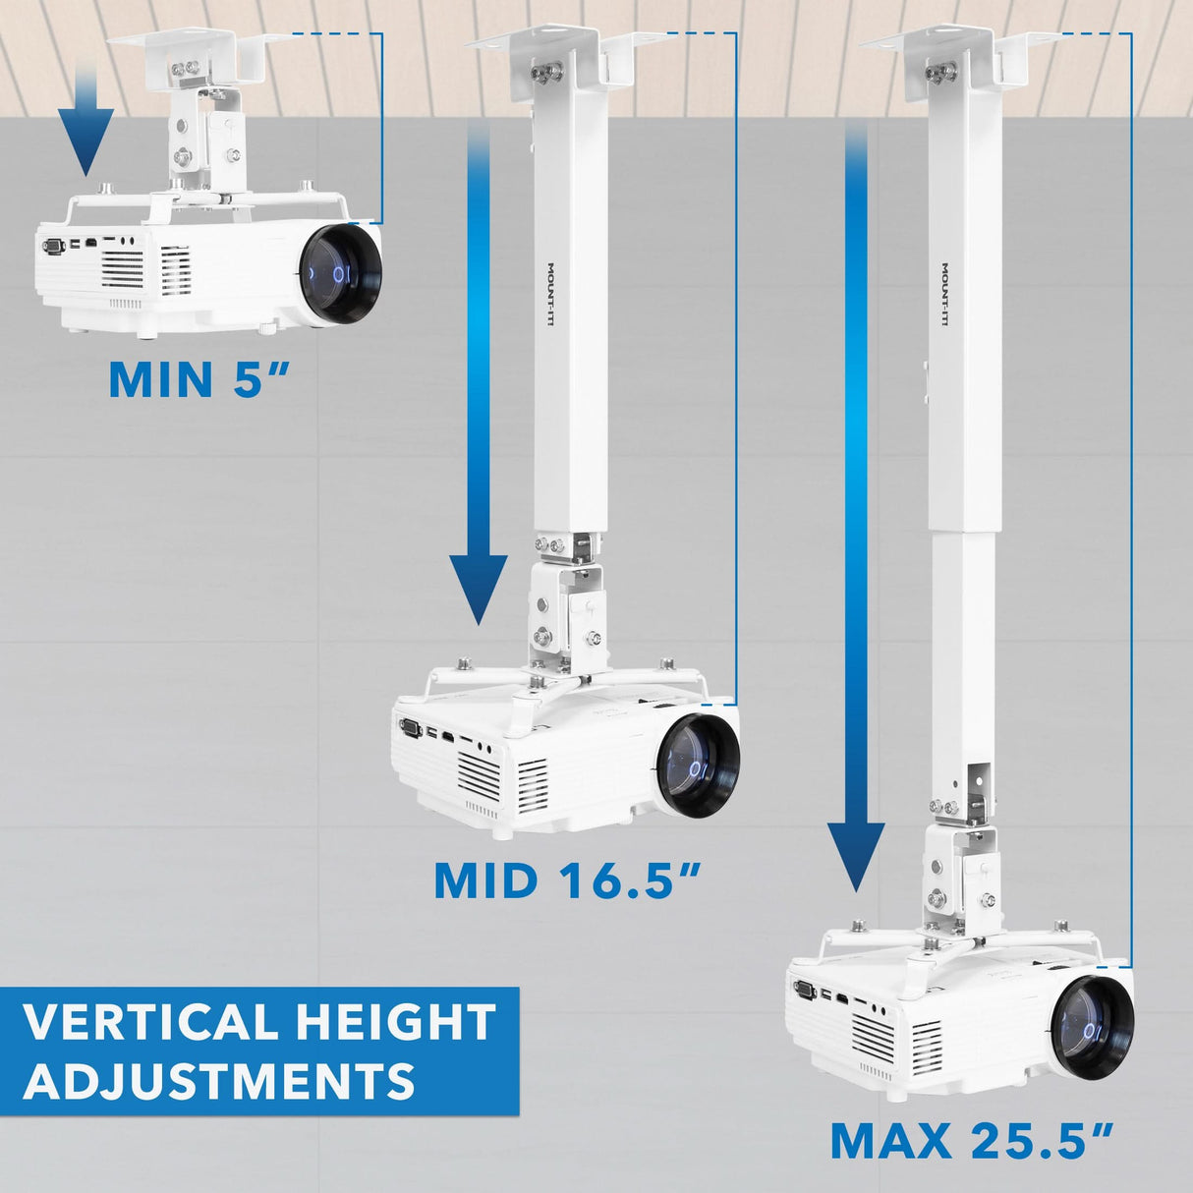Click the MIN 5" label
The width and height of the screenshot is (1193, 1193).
[x=200, y=379]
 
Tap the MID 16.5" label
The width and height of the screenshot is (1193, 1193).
[x=568, y=881]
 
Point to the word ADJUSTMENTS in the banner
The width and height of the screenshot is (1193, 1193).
[x=218, y=1081]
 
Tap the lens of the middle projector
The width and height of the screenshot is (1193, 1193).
[x=696, y=762]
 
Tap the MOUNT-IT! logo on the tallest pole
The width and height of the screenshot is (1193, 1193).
[x=944, y=295]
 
